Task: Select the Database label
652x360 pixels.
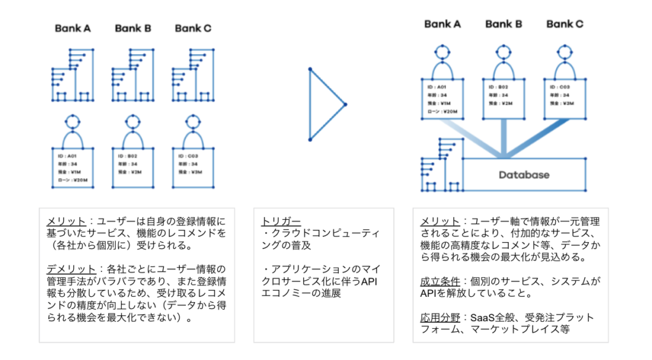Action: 523,175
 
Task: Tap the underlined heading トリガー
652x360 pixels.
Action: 278,221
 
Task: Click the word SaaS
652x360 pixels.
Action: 483,317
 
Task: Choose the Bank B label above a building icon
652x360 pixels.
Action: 132,28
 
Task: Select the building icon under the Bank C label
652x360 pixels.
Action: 193,75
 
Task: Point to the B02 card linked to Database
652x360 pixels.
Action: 503,98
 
